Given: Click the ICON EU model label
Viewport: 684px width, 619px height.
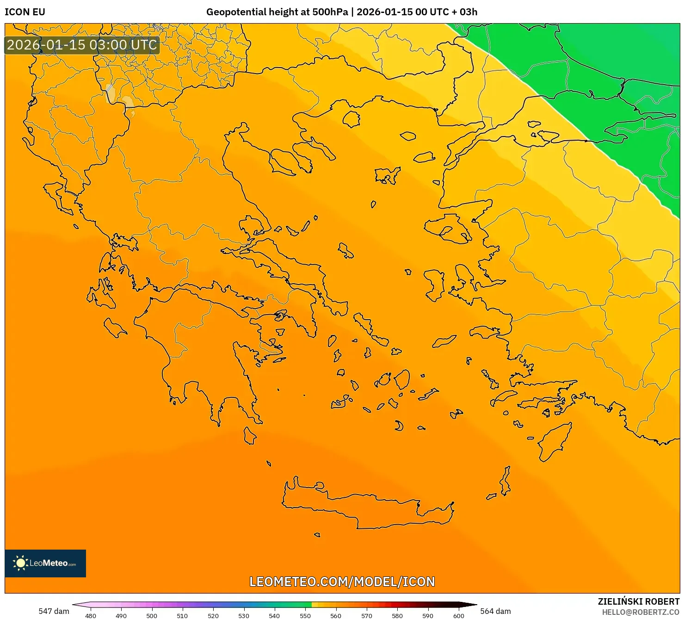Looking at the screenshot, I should [25, 12].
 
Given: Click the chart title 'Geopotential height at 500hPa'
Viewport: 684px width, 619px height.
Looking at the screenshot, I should [277, 12].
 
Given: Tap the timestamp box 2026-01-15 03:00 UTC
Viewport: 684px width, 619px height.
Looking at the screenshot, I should [82, 45].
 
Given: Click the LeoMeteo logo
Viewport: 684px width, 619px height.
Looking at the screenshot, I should [45, 563].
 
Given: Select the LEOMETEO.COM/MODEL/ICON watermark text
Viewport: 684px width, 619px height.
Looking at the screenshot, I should [342, 582].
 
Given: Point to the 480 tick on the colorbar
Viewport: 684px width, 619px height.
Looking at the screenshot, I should [91, 615].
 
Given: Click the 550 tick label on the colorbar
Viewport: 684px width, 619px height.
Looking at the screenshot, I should [305, 615].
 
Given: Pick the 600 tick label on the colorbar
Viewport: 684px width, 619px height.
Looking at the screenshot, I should [458, 615].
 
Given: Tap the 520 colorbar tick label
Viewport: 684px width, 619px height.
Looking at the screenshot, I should [213, 615].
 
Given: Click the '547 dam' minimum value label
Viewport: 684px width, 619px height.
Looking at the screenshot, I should [54, 611].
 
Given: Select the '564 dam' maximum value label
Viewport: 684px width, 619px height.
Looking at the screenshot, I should [495, 611].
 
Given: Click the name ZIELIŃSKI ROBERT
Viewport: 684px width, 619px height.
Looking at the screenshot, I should [638, 601].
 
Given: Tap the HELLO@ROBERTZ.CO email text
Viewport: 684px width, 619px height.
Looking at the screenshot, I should [641, 612].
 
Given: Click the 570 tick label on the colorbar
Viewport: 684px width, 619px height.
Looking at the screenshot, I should [366, 615].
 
